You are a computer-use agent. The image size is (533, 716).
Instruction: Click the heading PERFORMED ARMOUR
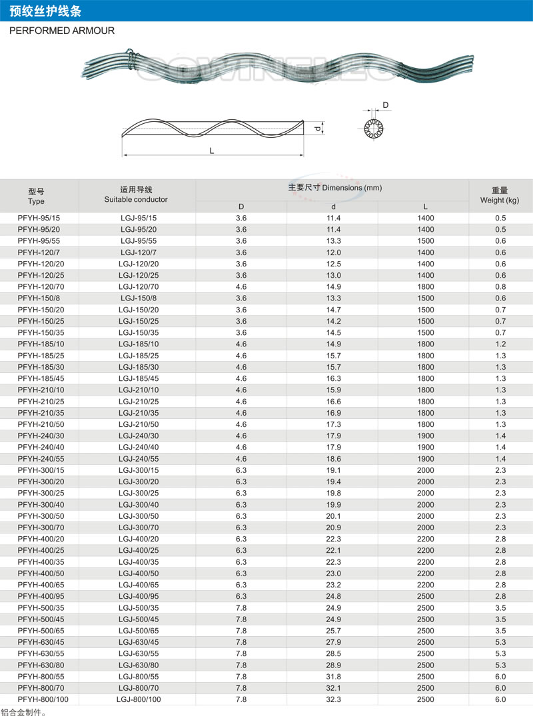click(62, 31)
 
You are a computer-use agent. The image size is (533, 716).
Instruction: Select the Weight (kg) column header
click(500, 195)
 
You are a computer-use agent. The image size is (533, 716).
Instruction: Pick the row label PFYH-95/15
click(38, 218)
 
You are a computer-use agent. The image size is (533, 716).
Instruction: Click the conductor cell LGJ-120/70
click(138, 287)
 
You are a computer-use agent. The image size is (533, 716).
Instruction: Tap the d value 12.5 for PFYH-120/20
click(333, 264)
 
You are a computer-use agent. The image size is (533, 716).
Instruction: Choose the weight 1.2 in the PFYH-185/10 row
click(500, 344)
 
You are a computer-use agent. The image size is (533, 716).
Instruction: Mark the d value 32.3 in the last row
click(333, 699)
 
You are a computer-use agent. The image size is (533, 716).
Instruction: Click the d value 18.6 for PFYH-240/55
click(333, 459)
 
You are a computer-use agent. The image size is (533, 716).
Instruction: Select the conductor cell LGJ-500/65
click(138, 631)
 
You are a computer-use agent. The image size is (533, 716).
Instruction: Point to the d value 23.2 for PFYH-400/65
click(333, 585)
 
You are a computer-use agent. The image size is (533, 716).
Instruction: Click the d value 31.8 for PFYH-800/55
click(333, 677)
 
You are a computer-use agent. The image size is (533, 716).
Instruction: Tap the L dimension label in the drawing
click(211, 151)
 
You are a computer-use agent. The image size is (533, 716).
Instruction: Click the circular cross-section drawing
click(373, 128)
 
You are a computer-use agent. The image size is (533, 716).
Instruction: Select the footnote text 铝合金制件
click(23, 711)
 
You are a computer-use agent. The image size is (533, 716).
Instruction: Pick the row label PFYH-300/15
click(38, 470)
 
